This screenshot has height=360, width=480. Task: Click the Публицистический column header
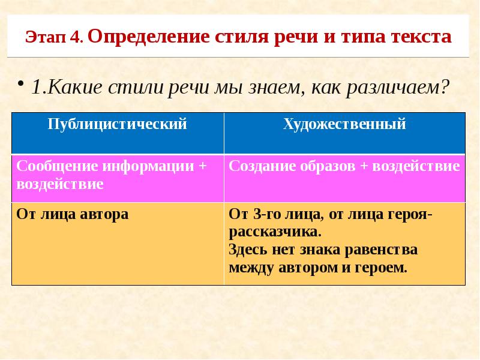tap(117, 124)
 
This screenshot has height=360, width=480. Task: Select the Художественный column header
tap(344, 124)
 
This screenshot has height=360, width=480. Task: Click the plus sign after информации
tap(202, 166)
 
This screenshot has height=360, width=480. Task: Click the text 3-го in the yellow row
tap(265, 214)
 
